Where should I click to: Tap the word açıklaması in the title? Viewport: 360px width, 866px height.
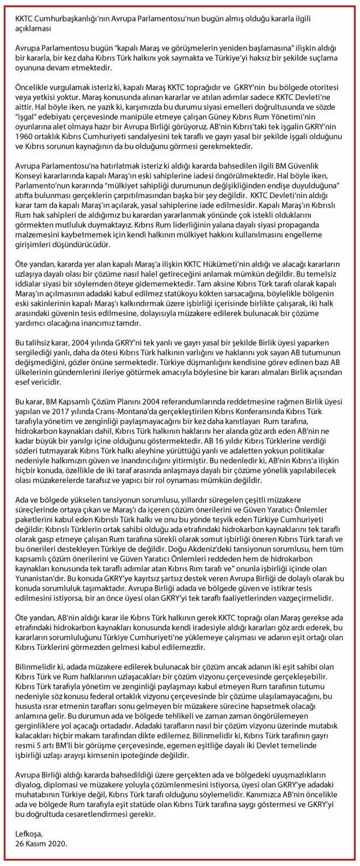[x=35, y=28]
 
